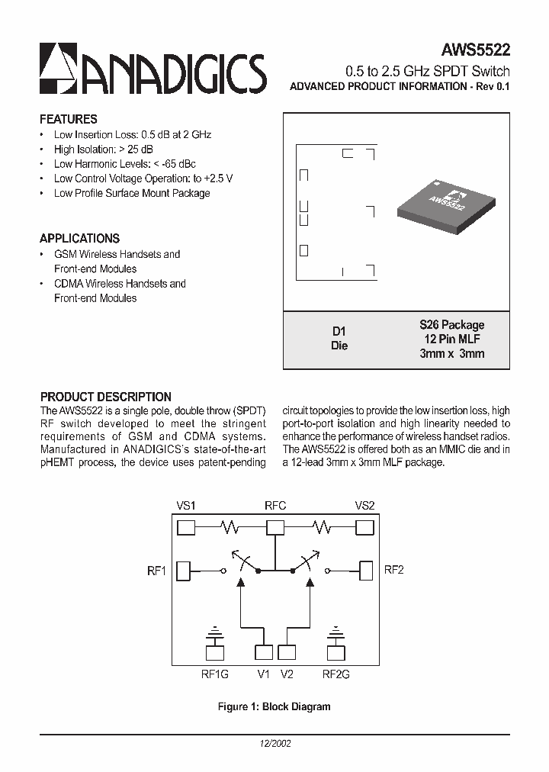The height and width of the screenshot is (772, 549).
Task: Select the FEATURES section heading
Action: coord(69,119)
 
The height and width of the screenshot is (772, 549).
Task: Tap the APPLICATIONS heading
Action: coord(79,238)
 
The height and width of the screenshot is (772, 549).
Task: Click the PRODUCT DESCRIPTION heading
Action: coord(105,397)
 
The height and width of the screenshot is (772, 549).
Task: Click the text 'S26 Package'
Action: coord(452,325)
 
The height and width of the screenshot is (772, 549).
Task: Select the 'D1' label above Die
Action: coord(339,331)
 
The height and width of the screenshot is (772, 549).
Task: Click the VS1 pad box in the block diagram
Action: coord(186,527)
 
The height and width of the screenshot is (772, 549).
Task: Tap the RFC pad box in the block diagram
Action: coord(275,527)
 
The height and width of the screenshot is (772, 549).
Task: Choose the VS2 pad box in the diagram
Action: coord(364,527)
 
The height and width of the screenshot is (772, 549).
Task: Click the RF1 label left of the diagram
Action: coord(156,571)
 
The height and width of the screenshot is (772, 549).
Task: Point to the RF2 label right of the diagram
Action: coord(393,570)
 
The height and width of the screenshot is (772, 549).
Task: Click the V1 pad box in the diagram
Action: coord(264,652)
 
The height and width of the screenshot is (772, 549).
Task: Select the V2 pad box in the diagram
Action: coord(287,652)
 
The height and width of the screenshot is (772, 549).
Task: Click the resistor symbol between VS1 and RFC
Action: coord(230,527)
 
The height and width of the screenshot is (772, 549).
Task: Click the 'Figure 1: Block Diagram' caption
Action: coord(274,706)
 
